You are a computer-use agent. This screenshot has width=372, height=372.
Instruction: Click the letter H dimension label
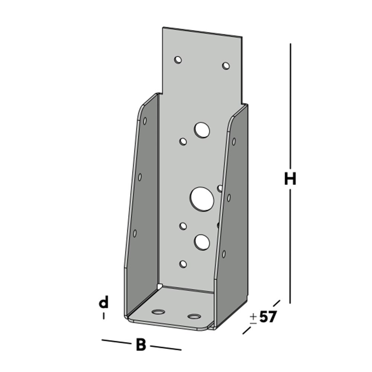[290, 179]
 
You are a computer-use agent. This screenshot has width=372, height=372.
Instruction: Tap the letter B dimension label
[140, 345]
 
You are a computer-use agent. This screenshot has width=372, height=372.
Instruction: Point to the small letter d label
[103, 303]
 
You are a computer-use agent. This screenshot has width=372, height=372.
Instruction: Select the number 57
[268, 317]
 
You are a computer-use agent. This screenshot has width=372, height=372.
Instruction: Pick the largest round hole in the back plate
[202, 198]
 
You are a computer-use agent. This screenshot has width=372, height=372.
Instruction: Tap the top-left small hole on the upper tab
[178, 60]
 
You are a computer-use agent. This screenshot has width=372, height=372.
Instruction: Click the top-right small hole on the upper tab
[226, 66]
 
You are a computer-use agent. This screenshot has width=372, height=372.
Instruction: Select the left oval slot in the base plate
[159, 311]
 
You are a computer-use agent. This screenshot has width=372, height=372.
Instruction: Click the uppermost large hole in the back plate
[202, 130]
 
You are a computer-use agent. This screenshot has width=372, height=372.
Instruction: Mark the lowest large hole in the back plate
[202, 242]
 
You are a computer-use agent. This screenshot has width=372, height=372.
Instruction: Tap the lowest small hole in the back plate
[183, 264]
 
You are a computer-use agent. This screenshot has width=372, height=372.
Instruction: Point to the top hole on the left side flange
[145, 121]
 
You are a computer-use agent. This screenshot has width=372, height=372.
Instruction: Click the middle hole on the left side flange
[140, 177]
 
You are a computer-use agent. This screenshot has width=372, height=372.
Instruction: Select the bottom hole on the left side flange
[135, 233]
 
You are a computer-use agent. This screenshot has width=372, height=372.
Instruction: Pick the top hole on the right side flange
[234, 141]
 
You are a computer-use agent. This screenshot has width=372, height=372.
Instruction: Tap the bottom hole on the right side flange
[224, 254]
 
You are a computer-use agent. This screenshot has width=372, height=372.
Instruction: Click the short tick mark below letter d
[103, 316]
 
